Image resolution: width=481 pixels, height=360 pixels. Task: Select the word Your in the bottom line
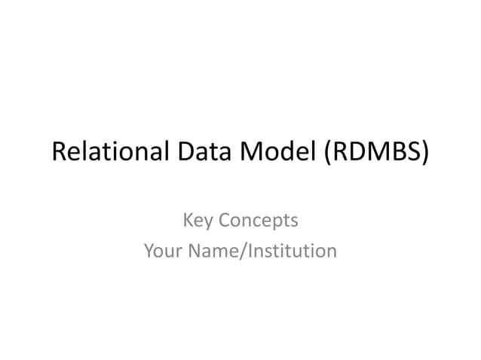pyautogui.click(x=161, y=249)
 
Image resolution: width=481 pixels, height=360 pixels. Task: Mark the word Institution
pyautogui.click(x=289, y=249)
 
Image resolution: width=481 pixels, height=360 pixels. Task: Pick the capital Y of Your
pyautogui.click(x=149, y=249)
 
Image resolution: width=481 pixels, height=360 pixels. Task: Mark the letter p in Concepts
pyautogui.click(x=277, y=224)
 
